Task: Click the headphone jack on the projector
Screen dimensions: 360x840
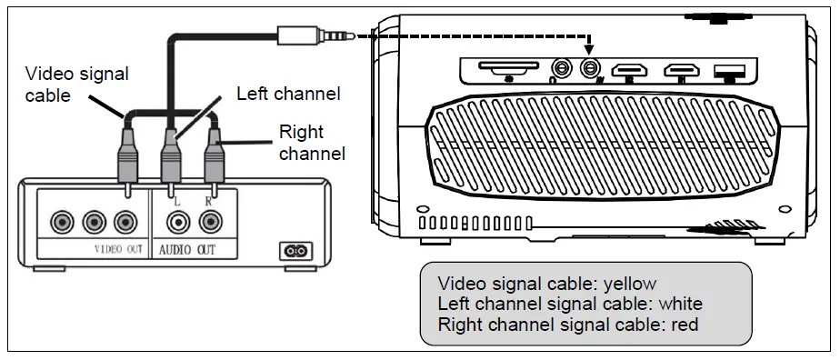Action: pyautogui.click(x=563, y=68)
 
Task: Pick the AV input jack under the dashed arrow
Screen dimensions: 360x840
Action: pyautogui.click(x=592, y=68)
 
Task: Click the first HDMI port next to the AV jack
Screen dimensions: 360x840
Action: pyautogui.click(x=630, y=69)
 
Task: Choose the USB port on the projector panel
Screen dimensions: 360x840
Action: pyautogui.click(x=728, y=69)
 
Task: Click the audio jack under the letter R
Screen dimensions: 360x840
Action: pyautogui.click(x=212, y=221)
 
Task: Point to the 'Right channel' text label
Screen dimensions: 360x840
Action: pyautogui.click(x=311, y=144)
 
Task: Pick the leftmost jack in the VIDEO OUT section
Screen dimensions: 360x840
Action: pyautogui.click(x=63, y=221)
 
